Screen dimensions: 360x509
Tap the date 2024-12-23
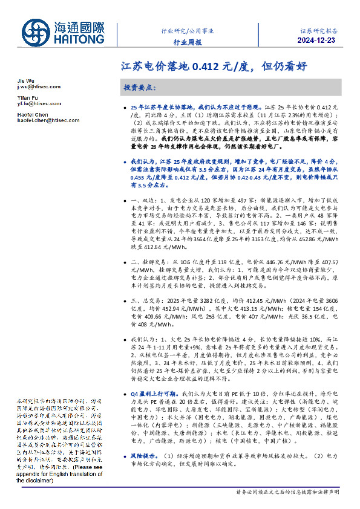click(x=318, y=41)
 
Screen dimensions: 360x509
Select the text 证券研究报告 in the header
click(x=319, y=29)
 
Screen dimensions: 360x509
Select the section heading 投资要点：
click(x=140, y=87)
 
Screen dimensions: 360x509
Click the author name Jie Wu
click(x=25, y=80)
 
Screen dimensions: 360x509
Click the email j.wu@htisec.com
click(x=39, y=86)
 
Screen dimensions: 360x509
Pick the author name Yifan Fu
click(x=27, y=97)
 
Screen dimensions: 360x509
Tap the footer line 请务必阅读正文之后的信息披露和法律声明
click(x=289, y=491)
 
